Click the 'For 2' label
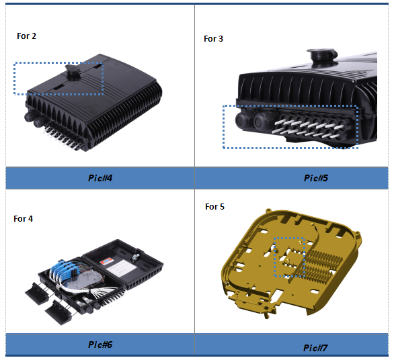tap(26, 36)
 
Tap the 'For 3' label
tap(213, 39)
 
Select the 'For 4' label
tap(23, 219)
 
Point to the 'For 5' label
tap(214, 207)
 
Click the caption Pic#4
tap(100, 178)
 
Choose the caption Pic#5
tap(316, 178)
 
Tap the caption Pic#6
tap(100, 345)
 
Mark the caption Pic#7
tap(315, 348)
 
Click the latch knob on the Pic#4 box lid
tap(73, 72)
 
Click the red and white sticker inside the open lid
tap(107, 261)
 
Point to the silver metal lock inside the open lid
tap(135, 257)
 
